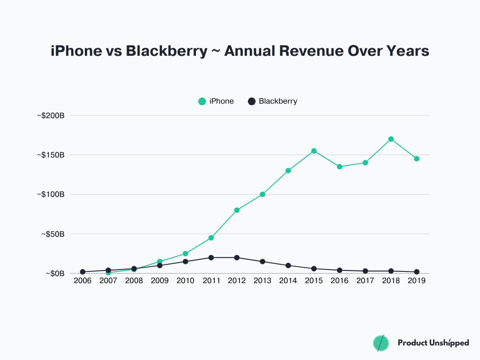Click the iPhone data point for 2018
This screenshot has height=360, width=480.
pyautogui.click(x=391, y=139)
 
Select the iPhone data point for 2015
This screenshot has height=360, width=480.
pyautogui.click(x=314, y=151)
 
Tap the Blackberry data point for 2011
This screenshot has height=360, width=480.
pyautogui.click(x=211, y=258)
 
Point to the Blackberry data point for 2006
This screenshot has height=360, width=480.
pyautogui.click(x=82, y=272)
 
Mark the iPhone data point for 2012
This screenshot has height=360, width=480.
pyautogui.click(x=237, y=210)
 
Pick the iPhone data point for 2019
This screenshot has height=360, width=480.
pyautogui.click(x=417, y=158)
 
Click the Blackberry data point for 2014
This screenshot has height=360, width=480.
pyautogui.click(x=288, y=265)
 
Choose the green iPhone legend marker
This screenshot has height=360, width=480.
pyautogui.click(x=202, y=101)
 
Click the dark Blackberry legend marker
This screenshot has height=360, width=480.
pyautogui.click(x=252, y=101)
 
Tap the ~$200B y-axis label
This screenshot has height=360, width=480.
pyautogui.click(x=51, y=115)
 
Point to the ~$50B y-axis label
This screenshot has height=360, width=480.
pyautogui.click(x=52, y=234)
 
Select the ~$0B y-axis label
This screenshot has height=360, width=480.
pyautogui.click(x=54, y=273)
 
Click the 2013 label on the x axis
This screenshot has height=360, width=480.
pyautogui.click(x=262, y=280)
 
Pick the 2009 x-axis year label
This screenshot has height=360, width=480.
pyautogui.click(x=160, y=280)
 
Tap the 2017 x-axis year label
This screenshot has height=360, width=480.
pyautogui.click(x=365, y=280)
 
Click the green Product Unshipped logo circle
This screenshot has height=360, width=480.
pyautogui.click(x=381, y=343)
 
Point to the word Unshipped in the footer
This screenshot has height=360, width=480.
pyautogui.click(x=449, y=343)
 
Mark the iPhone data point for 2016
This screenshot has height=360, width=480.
pyautogui.click(x=339, y=166)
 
